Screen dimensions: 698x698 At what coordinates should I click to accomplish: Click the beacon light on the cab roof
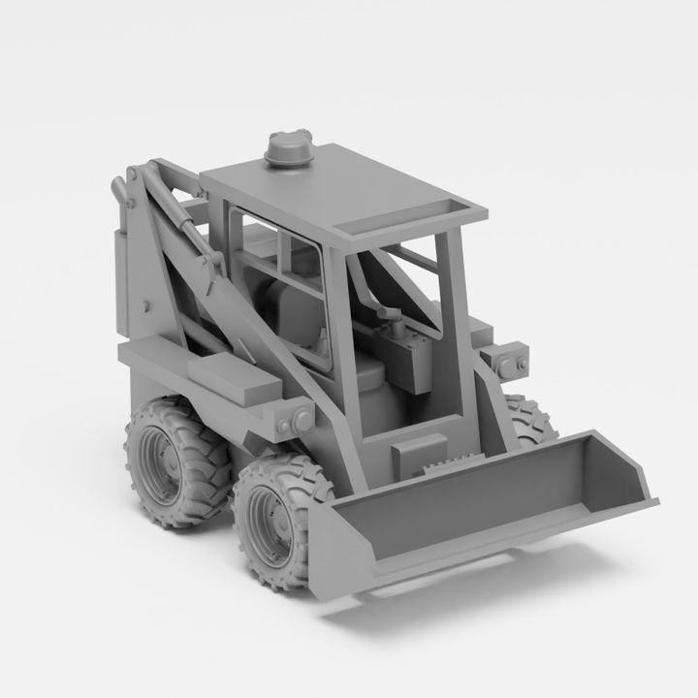point(288,152)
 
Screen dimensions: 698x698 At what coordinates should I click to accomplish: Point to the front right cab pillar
point(453,310)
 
